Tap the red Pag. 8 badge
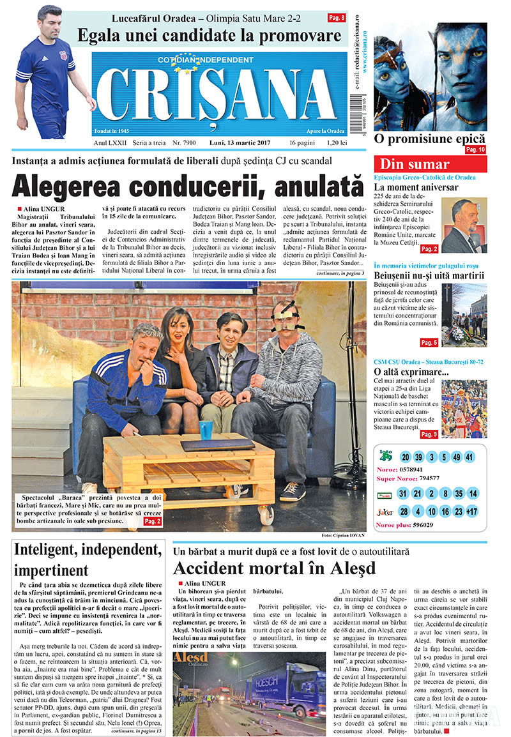337,18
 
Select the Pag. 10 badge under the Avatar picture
475,149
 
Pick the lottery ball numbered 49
455,457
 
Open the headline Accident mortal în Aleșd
273,568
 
